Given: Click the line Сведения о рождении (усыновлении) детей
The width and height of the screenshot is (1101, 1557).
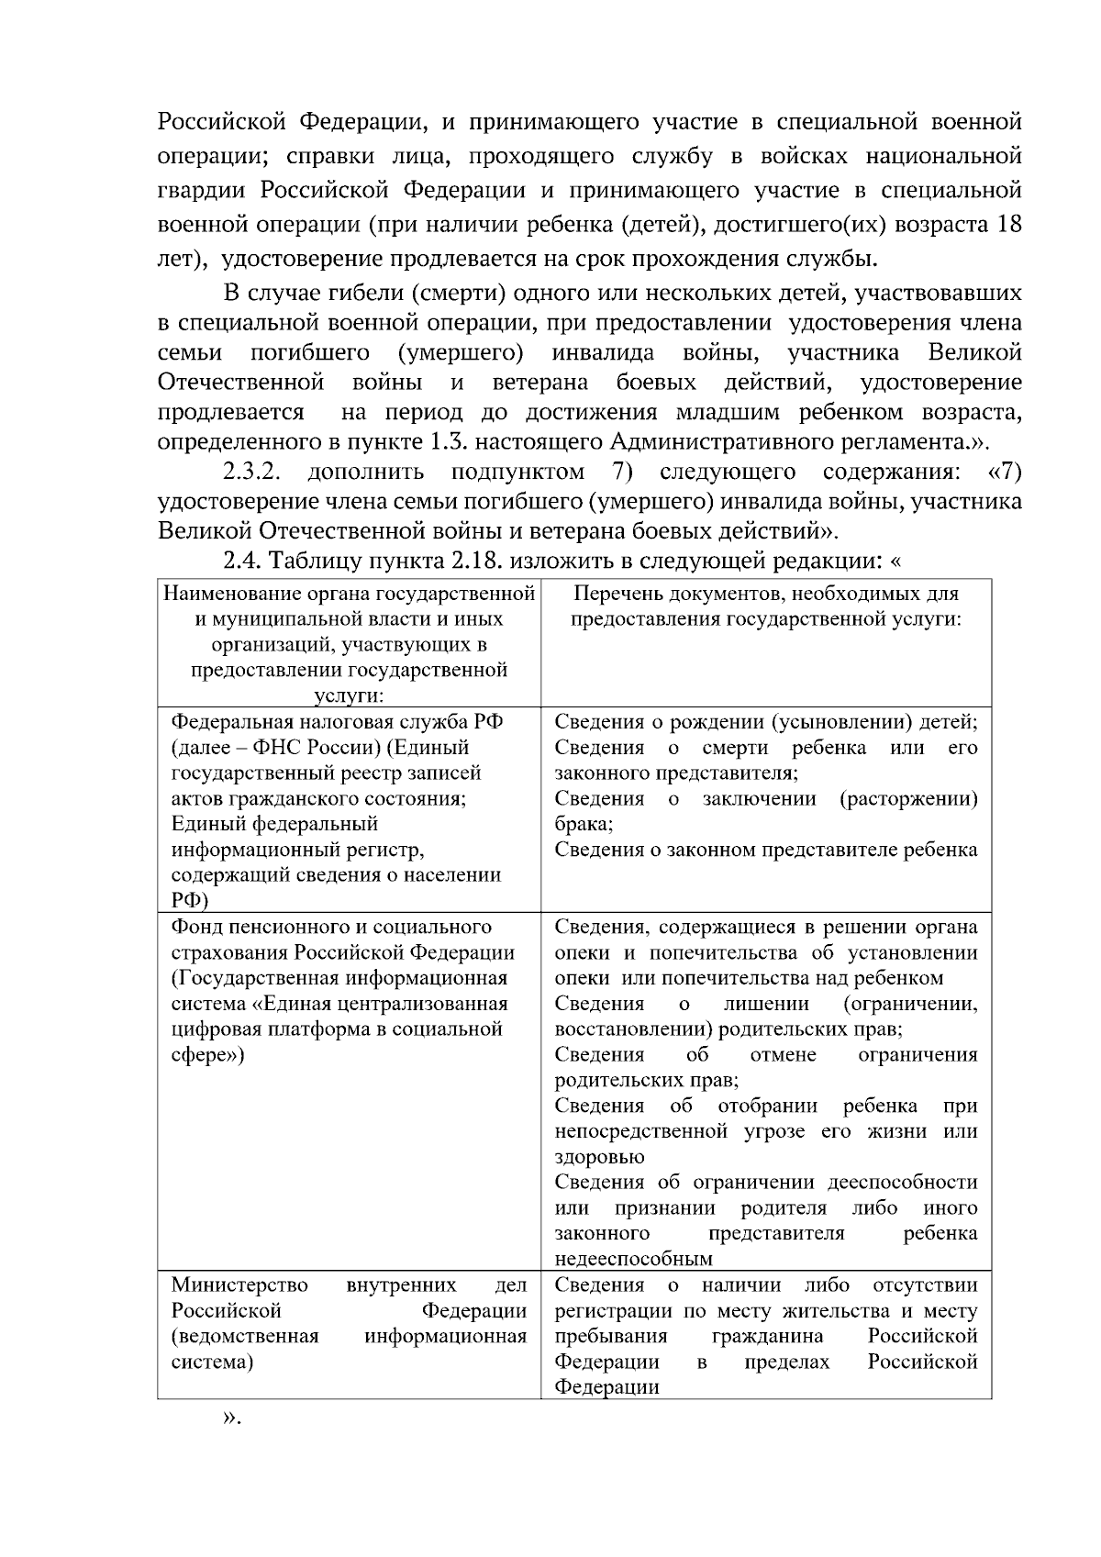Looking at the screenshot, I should pos(765,722).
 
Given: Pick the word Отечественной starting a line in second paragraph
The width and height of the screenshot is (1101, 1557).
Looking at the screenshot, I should pos(240,382).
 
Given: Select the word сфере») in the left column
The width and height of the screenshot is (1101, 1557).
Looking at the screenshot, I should pos(207,1055).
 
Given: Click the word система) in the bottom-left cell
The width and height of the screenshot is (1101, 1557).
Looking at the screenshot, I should pos(212,1362).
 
